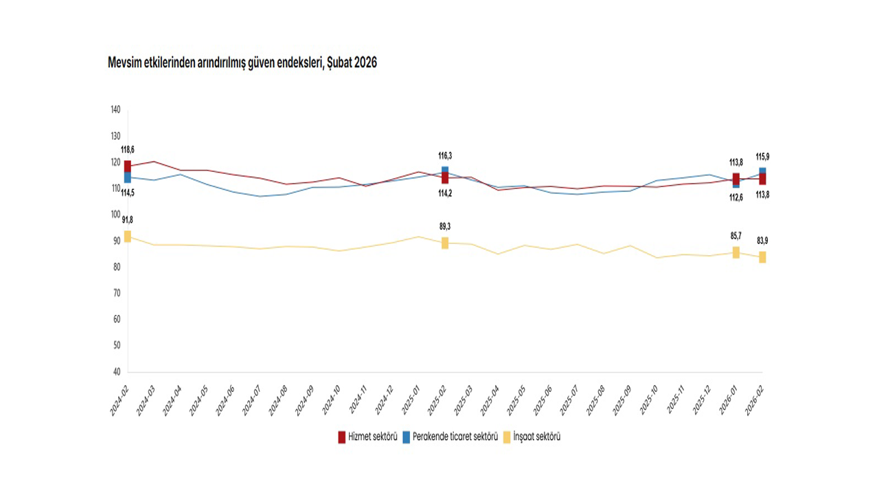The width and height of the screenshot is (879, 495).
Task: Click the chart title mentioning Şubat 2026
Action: point(242,63)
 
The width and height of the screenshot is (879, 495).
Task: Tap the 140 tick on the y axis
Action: point(115,110)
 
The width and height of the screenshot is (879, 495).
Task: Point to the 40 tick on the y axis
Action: point(115,372)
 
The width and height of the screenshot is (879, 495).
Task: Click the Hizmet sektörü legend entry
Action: point(368,437)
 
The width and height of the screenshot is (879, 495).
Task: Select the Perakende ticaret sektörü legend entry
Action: point(450,437)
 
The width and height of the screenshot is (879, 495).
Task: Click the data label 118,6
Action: point(128,150)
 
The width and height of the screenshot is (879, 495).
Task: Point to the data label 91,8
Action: point(128,220)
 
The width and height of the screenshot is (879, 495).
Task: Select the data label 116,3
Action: point(445,156)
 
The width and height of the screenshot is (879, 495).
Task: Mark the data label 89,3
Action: point(445,227)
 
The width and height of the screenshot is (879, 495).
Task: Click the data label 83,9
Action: point(762,241)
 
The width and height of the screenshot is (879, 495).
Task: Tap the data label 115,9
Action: point(762,157)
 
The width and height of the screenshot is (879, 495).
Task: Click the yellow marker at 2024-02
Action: point(128,236)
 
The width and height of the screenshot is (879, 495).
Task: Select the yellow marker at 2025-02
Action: point(445,243)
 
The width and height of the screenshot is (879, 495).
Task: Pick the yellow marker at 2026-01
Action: point(736,252)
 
